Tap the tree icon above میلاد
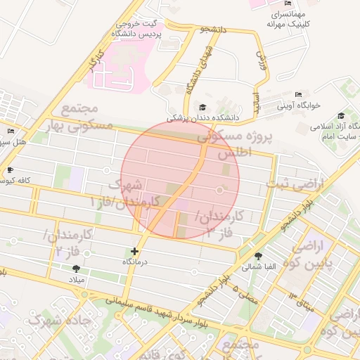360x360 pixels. tap(76, 269)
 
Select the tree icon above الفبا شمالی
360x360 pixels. tap(259, 256)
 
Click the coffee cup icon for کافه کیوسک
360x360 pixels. tap(9, 169)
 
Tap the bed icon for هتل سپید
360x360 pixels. tap(10, 131)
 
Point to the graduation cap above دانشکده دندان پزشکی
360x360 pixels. tap(203, 107)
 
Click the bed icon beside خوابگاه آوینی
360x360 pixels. tap(299, 94)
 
